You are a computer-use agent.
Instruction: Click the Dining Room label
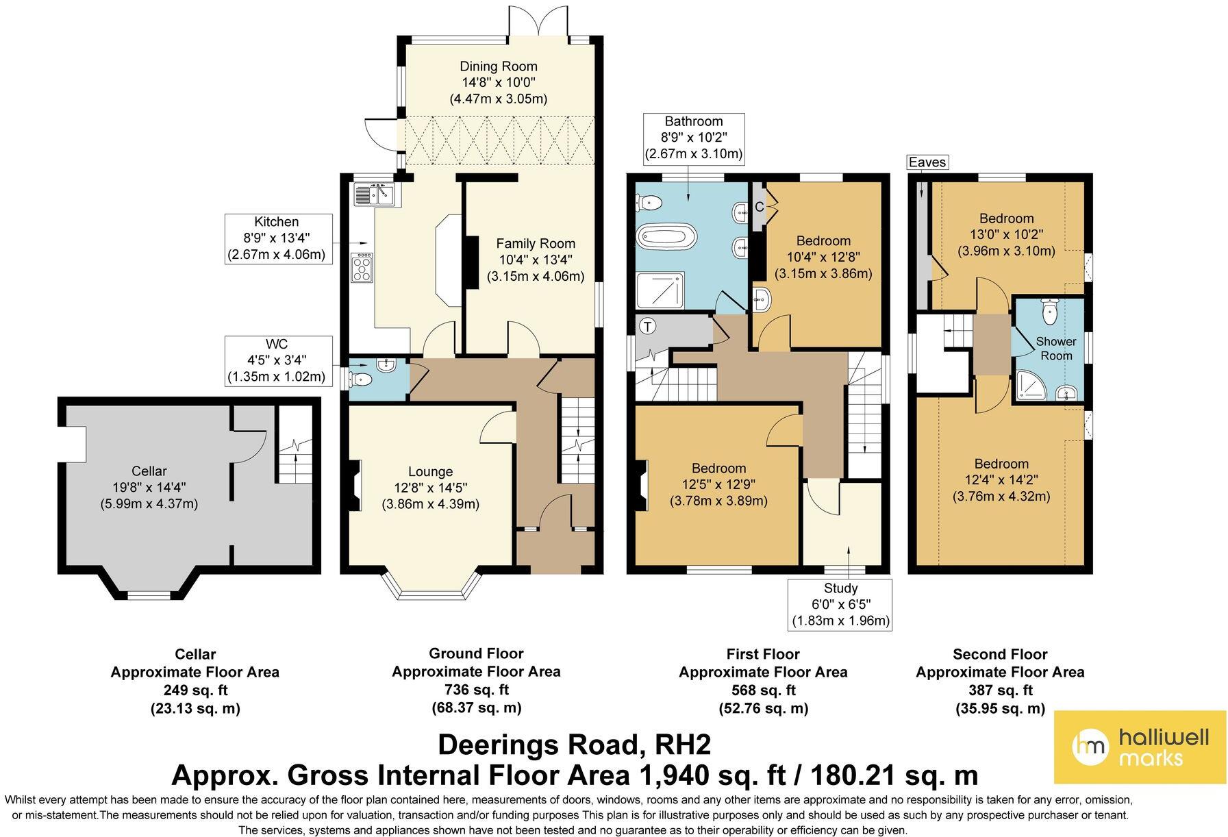pos(498,66)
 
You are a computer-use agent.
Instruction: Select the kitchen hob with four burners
pos(362,267)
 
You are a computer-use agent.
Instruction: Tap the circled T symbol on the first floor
pos(647,327)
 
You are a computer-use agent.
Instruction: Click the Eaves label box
pos(927,162)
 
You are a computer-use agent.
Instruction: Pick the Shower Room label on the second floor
pos(1055,349)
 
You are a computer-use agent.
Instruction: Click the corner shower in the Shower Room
pos(1031,386)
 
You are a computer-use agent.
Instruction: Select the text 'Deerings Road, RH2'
pos(574,745)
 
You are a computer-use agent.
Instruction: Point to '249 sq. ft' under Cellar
pos(195,690)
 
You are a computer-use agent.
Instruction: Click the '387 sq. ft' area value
pos(1000,690)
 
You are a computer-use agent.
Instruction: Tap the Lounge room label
pos(430,471)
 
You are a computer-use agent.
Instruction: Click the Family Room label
pos(536,243)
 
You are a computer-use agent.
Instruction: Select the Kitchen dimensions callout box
pos(278,239)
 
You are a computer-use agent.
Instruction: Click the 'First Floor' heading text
pos(763,654)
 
